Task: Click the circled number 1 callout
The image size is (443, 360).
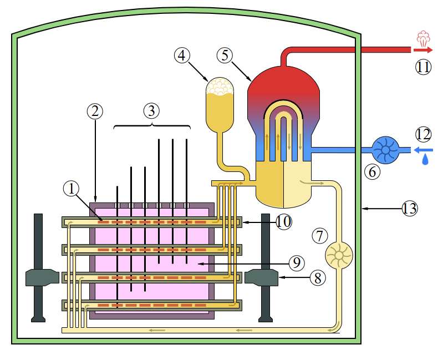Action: [x=72, y=189]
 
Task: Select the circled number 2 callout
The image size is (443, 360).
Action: [x=95, y=111]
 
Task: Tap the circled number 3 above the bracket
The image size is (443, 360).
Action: [x=151, y=111]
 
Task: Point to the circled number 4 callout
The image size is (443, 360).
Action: [x=182, y=55]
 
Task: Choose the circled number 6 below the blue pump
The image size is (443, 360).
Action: [x=372, y=172]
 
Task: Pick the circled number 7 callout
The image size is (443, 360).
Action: [x=320, y=235]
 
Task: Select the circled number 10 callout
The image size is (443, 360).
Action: [x=283, y=222]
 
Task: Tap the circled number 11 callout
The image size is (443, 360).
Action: [x=424, y=68]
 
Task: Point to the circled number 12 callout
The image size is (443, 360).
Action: [x=423, y=134]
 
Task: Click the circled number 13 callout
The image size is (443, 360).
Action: [x=410, y=209]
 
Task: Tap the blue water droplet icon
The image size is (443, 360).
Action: [x=425, y=160]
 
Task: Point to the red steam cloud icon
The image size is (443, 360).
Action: [x=424, y=39]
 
